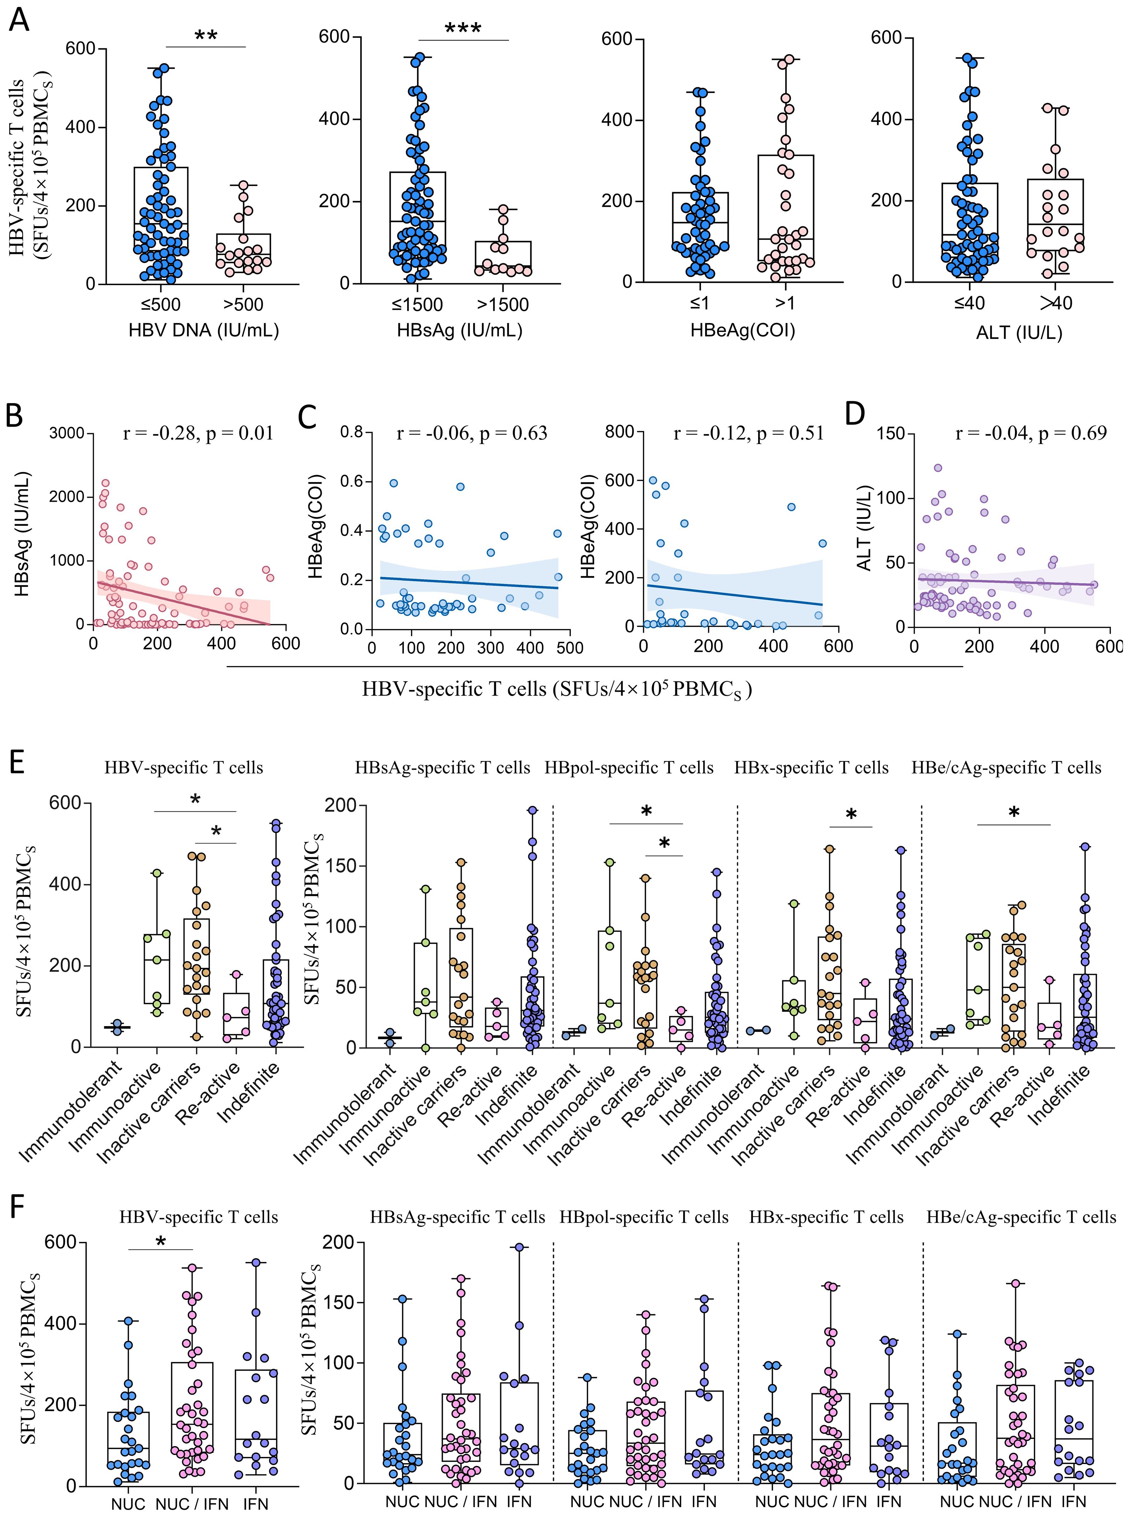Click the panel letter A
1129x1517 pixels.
tap(19, 18)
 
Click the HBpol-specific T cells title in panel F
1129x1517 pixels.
tap(644, 1217)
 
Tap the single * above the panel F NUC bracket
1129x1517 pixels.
tap(161, 1241)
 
